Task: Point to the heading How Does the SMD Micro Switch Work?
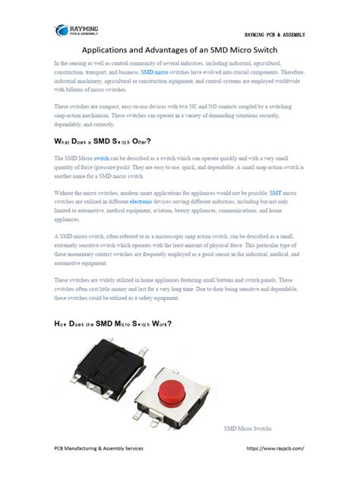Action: click(113, 324)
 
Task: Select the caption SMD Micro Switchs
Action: click(248, 429)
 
